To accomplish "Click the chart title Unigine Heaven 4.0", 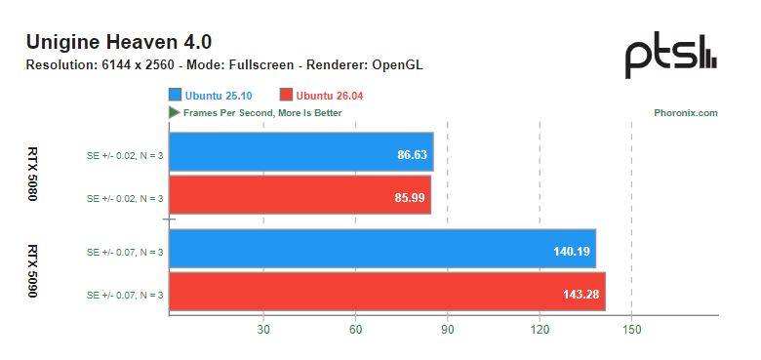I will click(x=118, y=42).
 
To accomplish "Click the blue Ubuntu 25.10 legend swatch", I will click(x=176, y=95).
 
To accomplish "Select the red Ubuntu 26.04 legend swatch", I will click(x=286, y=95).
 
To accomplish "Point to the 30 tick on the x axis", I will click(x=263, y=329).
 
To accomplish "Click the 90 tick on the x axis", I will click(x=448, y=329).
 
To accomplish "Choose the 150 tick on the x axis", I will click(x=631, y=329).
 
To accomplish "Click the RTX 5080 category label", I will click(x=32, y=175).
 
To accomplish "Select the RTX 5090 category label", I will click(x=32, y=270).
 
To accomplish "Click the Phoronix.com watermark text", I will click(x=685, y=113).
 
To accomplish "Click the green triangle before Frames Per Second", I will click(x=174, y=112).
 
